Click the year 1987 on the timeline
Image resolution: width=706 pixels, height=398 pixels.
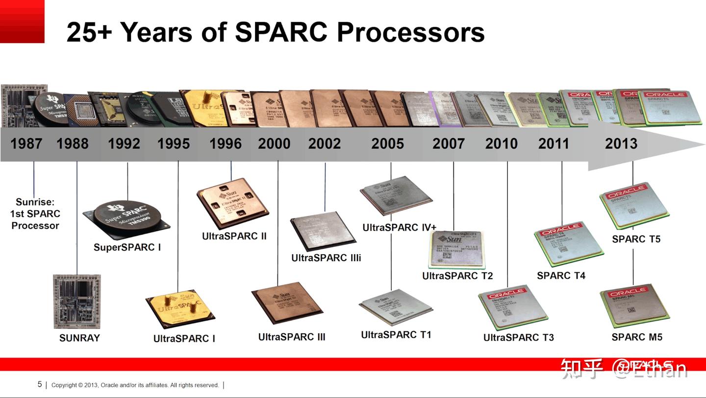tap(26, 144)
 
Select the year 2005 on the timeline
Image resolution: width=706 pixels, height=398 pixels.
tap(387, 144)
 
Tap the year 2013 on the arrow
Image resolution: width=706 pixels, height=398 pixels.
tap(621, 144)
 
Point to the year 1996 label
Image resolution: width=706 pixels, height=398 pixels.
tap(226, 144)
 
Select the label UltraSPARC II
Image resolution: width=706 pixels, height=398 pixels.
tap(234, 236)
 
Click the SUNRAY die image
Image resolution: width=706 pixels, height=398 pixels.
tap(76, 301)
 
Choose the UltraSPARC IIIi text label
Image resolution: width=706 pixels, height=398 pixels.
tap(326, 258)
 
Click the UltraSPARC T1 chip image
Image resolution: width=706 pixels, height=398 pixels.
tap(395, 307)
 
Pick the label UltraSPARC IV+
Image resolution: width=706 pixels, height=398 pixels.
tap(399, 227)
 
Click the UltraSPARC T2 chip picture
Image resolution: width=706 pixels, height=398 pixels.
tap(455, 250)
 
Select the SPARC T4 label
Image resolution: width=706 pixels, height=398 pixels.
tap(561, 275)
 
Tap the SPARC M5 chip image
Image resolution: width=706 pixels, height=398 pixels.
tap(634, 308)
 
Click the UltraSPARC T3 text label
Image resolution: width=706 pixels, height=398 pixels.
tap(518, 337)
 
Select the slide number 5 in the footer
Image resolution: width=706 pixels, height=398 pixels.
tap(40, 384)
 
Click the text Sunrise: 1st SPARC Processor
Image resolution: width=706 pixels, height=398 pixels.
tap(35, 213)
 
